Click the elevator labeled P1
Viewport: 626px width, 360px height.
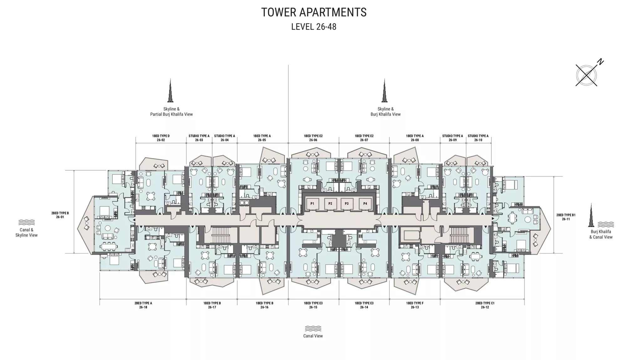312,204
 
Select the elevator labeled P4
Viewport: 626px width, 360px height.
365,204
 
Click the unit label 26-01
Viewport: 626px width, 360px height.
60,217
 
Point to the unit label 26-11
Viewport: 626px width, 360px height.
566,219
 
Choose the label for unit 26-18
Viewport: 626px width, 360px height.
143,307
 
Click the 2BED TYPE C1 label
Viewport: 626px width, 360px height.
485,303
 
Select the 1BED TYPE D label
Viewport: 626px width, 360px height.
161,136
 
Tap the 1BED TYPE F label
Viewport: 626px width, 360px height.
415,303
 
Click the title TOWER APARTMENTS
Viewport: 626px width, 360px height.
314,12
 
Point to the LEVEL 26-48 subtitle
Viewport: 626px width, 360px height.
314,27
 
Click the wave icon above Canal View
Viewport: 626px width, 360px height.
313,328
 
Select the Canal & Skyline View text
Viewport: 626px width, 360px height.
27,233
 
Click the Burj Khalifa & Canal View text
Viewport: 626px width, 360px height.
601,234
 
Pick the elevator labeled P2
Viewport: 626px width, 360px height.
330,204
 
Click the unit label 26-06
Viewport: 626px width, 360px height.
313,140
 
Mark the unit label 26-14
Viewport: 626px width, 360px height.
364,307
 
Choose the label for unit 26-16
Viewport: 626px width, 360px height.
264,307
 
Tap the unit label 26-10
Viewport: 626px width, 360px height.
478,140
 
